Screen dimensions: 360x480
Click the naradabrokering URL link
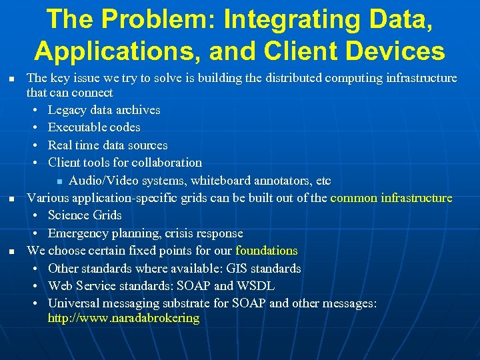click(x=123, y=318)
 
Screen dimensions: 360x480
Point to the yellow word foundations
click(x=267, y=251)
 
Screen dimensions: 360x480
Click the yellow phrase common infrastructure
click(x=391, y=197)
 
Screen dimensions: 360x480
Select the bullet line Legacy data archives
click(x=104, y=109)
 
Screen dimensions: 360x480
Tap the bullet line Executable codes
click(x=94, y=127)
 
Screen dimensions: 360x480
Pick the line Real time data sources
click(x=107, y=145)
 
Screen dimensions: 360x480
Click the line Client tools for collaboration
click(x=125, y=162)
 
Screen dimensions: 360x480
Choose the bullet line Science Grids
click(x=85, y=215)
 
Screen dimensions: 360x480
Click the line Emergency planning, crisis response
click(x=145, y=233)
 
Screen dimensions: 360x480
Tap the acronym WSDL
click(x=255, y=286)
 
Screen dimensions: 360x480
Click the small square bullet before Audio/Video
click(x=59, y=181)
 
